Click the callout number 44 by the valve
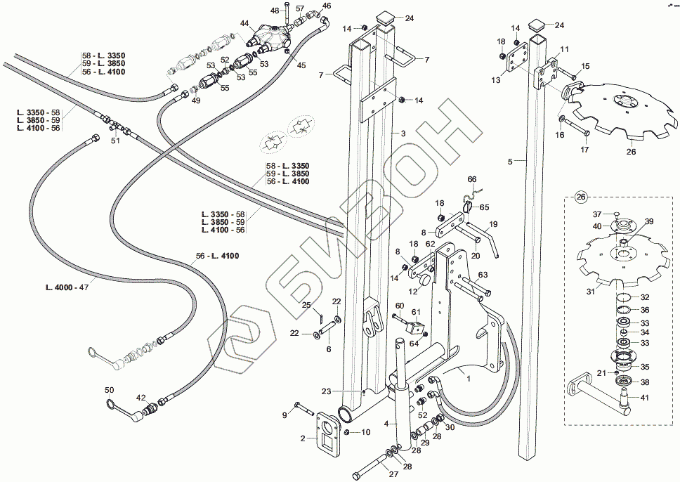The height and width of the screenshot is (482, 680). pos(244,23)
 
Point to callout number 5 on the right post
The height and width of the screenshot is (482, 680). pos(510,162)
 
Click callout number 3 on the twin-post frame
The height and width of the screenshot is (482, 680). pos(403,133)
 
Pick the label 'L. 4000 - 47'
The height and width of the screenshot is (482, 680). pos(67,287)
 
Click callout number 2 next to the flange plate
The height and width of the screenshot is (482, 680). pos(302,438)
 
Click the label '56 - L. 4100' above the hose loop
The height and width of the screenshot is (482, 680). pos(218,256)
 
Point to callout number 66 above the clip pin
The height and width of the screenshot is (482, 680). pos(472,179)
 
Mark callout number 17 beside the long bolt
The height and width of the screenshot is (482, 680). pos(584,149)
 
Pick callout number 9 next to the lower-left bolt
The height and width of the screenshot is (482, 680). pos(285,415)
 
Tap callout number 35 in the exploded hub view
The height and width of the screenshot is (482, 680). pos(645,366)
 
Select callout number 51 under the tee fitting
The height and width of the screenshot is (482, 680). pos(115,141)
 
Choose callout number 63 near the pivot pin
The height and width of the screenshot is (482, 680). pos(483,275)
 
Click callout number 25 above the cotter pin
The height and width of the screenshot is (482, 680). pos(306,305)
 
